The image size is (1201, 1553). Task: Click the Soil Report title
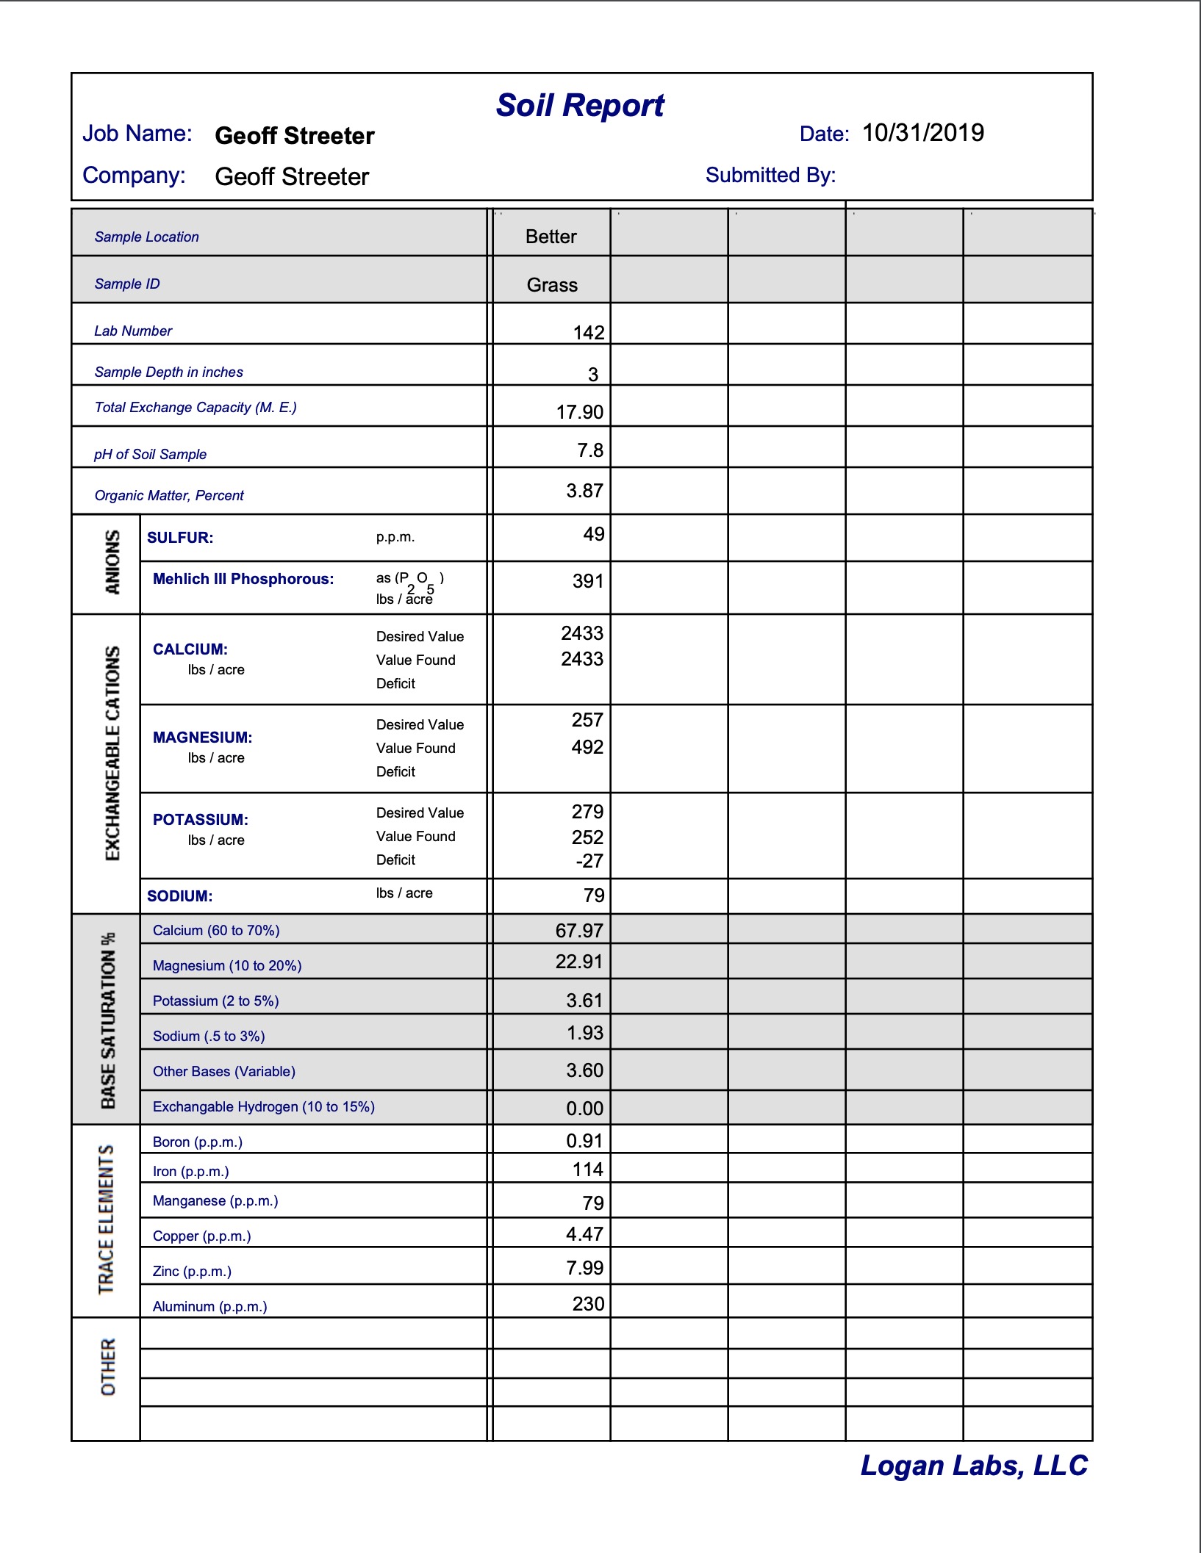(x=580, y=106)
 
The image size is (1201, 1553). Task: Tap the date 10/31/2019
(x=922, y=133)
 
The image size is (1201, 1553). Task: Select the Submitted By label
(x=770, y=175)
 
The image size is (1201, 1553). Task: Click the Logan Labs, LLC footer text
(x=974, y=1466)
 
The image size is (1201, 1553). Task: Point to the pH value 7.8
(x=590, y=450)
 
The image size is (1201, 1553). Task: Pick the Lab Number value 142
(x=589, y=333)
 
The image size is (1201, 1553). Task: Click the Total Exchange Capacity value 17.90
(x=580, y=412)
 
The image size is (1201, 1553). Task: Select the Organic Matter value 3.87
(x=584, y=491)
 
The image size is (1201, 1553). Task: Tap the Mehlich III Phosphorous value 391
(x=588, y=582)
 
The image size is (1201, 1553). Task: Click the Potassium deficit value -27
(x=589, y=861)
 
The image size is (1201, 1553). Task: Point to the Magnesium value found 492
(x=587, y=747)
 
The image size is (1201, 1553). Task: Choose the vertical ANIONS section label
(x=112, y=562)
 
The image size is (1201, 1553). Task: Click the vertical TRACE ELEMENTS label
(x=107, y=1219)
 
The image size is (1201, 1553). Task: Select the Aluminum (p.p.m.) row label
(x=209, y=1306)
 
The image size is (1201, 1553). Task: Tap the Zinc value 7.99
(x=584, y=1268)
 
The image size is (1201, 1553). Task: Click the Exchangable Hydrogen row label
(x=263, y=1106)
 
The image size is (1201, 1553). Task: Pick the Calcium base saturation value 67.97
(x=579, y=931)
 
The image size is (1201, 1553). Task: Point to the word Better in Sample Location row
(x=551, y=237)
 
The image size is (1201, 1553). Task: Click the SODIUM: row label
(x=179, y=896)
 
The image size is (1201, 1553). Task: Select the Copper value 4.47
(x=584, y=1234)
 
